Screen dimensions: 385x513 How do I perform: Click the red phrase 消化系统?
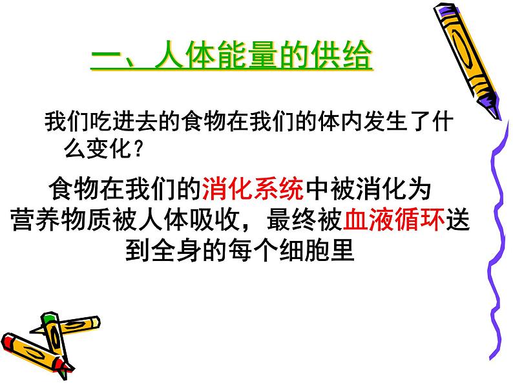click(253, 191)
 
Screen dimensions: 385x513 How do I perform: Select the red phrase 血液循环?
click(393, 221)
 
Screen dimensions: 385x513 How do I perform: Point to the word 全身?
click(178, 251)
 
